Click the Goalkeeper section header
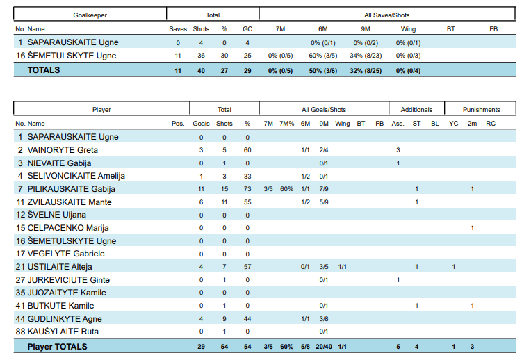click(x=90, y=15)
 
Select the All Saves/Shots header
click(x=386, y=15)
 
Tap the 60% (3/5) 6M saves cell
click(x=323, y=56)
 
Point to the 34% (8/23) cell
click(x=366, y=56)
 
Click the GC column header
click(x=247, y=29)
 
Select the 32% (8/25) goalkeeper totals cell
click(x=366, y=70)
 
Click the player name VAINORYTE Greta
click(x=63, y=150)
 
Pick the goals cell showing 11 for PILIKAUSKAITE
click(x=201, y=189)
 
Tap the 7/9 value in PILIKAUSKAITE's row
click(x=324, y=189)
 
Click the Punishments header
click(x=481, y=109)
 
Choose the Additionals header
click(x=416, y=109)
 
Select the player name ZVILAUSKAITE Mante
click(x=70, y=202)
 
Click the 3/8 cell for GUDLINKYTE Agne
click(x=324, y=319)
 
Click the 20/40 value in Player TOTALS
click(x=324, y=347)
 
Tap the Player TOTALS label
click(x=57, y=347)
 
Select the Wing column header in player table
click(x=343, y=124)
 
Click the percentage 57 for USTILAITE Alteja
click(x=247, y=267)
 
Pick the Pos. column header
click(x=178, y=124)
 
